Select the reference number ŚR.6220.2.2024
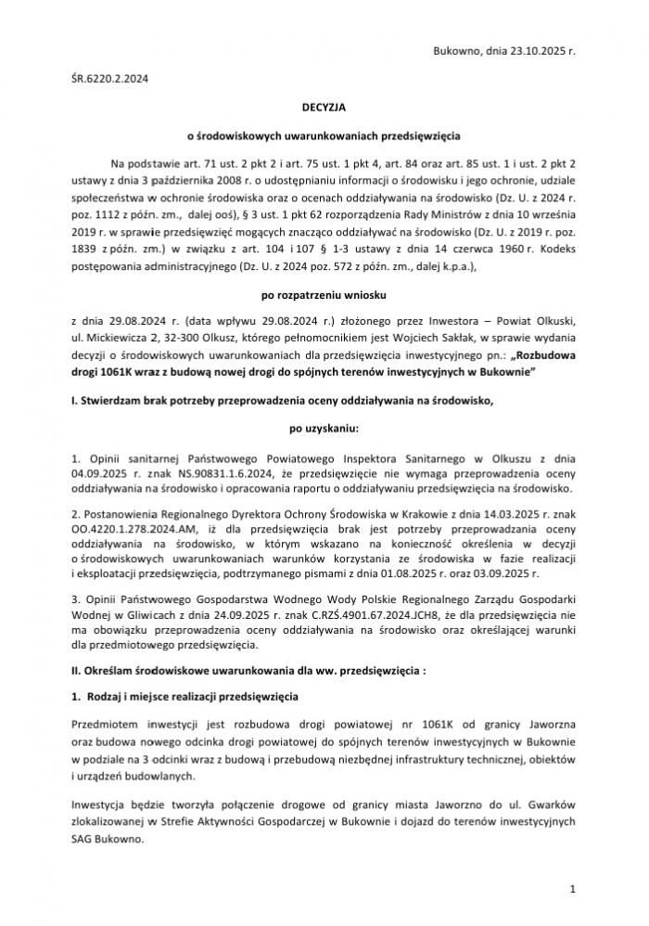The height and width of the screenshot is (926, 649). (109, 80)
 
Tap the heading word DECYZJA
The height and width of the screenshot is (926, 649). (324, 108)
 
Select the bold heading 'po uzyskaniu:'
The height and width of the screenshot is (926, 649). (324, 430)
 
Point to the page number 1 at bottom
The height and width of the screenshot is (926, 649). (574, 889)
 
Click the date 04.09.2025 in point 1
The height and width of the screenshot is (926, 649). (96, 474)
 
